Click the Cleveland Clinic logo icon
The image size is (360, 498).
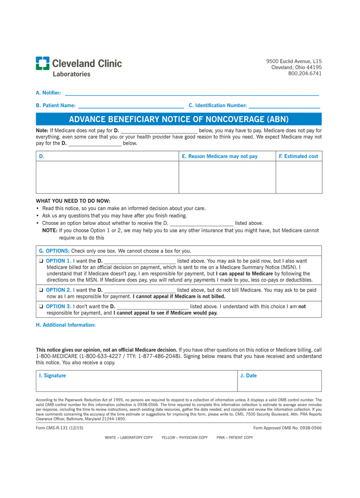coord(42,63)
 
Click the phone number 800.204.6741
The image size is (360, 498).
coord(305,74)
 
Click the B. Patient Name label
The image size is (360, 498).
coord(56,106)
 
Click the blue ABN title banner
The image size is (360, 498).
coord(179,120)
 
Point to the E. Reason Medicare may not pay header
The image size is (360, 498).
coord(223,156)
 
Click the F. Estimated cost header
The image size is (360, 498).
coord(299,156)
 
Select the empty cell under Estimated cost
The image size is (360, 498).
coord(299,177)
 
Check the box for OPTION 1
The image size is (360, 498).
coord(41,261)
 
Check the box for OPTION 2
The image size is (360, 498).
coord(41,290)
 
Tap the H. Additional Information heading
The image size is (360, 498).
coord(66,325)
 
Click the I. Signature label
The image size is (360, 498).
coord(52,376)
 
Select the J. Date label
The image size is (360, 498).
coord(248,376)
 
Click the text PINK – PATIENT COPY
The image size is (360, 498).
coord(235,437)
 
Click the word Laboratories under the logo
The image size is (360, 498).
coord(71,74)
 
